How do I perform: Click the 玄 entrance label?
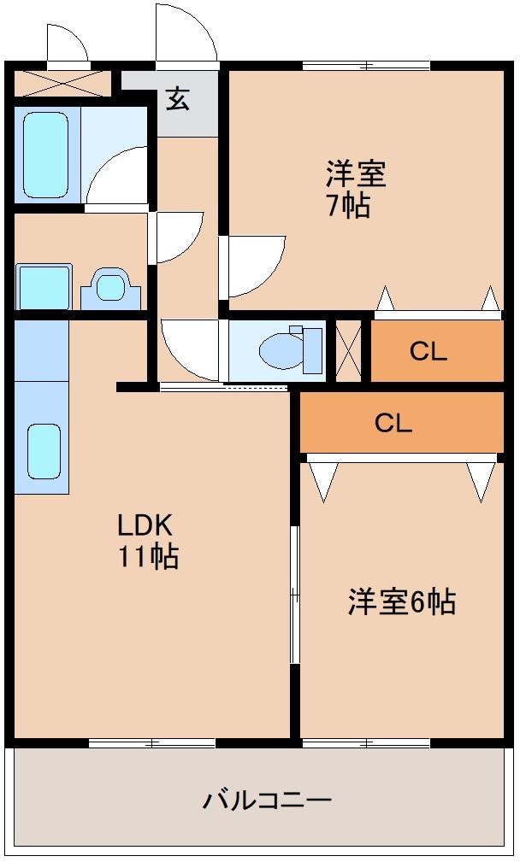(x=177, y=99)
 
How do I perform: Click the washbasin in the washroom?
(x=110, y=287)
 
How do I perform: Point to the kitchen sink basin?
(x=44, y=450)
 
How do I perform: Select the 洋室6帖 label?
(x=400, y=602)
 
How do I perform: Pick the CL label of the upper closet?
(x=428, y=351)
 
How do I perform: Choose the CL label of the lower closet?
(x=393, y=422)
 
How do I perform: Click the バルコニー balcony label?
(x=267, y=800)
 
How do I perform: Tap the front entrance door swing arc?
(x=186, y=34)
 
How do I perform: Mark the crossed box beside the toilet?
(x=349, y=350)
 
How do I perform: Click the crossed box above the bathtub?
(x=62, y=83)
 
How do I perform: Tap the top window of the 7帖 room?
(x=366, y=65)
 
